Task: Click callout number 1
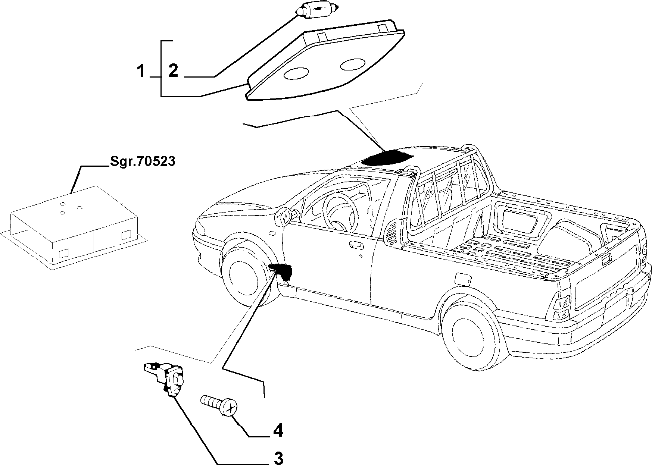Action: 140,71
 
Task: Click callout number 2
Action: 173,71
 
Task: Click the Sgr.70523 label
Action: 142,162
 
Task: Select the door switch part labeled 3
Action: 168,378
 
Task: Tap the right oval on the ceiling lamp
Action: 353,65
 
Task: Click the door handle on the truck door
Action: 356,245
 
